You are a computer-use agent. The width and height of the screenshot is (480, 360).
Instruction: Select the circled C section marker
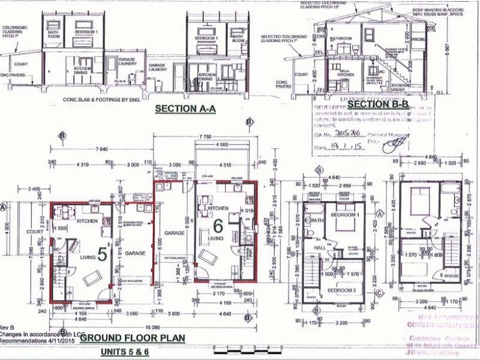tap(379, 293)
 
